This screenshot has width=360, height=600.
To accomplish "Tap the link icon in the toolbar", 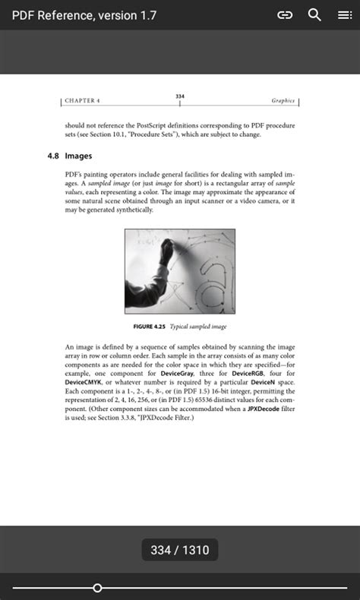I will [x=285, y=15].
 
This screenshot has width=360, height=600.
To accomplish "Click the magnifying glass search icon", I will [x=314, y=15].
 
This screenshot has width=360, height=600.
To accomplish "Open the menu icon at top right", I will [x=344, y=15].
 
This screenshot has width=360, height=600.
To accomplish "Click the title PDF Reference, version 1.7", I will [x=84, y=15].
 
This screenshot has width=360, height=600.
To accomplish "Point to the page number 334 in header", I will [x=180, y=96].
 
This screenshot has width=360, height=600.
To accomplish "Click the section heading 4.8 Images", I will [x=70, y=156].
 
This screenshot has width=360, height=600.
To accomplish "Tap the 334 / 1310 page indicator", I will [x=180, y=550].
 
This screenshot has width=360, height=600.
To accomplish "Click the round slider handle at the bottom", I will [x=97, y=588].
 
